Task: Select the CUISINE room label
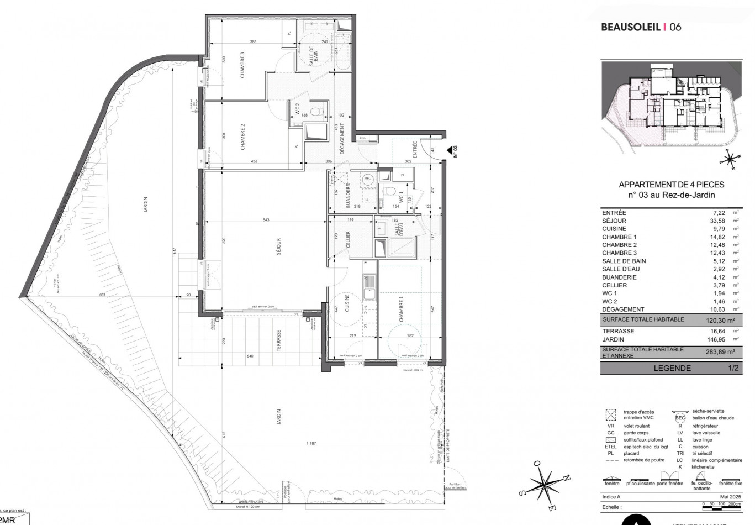(x=347, y=303)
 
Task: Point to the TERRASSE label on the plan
(x=279, y=341)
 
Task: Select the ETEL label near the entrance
(x=362, y=138)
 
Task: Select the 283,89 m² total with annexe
(x=723, y=352)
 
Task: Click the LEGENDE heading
(x=672, y=368)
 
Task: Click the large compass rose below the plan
(x=545, y=482)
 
